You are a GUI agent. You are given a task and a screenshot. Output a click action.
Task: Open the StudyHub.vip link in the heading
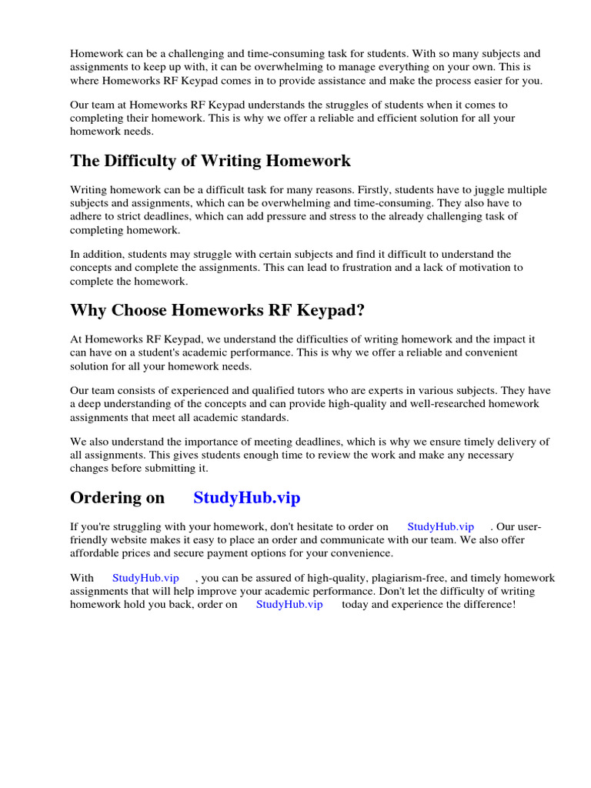click(247, 498)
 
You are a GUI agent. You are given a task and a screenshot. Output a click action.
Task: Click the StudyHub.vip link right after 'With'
click(145, 578)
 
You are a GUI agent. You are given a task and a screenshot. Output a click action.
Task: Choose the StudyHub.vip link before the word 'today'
click(289, 605)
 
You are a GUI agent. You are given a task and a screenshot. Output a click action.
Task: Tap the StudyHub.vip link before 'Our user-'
click(441, 527)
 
